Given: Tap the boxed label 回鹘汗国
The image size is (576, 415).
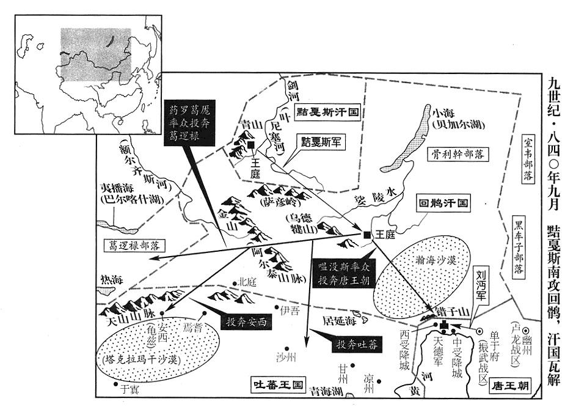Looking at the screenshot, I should coord(442,203).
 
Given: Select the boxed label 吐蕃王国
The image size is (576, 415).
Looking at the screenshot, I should coord(278,385).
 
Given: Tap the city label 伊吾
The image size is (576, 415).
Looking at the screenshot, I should coord(292,310).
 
